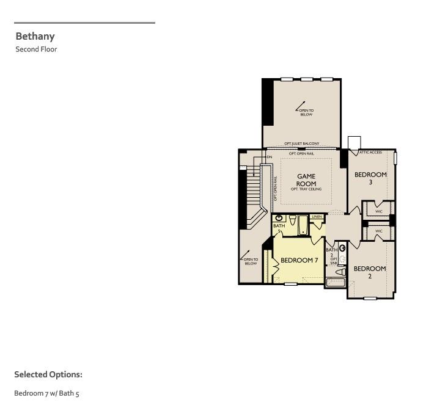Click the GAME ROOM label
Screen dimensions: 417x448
pos(306,180)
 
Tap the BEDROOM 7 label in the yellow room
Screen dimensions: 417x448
pos(299,261)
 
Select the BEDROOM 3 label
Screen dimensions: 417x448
pos(370,178)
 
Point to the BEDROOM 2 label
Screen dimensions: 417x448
pos(370,272)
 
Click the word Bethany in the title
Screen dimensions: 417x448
pos(35,36)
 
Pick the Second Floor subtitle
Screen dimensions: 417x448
pos(36,49)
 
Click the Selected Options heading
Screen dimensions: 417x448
pos(48,374)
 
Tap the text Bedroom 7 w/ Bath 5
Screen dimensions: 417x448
pos(46,393)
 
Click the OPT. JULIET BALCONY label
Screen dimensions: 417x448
pos(301,144)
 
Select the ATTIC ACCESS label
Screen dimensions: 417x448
pos(370,153)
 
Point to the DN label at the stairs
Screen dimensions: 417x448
pos(269,158)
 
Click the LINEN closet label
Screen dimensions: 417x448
pos(317,217)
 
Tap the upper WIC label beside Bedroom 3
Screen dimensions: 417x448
pos(378,211)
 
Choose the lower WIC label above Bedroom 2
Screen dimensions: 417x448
pos(378,231)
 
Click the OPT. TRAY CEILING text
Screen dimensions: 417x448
pos(306,190)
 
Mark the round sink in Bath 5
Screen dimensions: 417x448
pos(279,217)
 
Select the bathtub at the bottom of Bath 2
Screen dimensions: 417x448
pos(336,282)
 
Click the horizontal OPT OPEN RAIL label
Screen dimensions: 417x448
pos(301,154)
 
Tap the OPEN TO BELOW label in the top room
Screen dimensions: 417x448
pos(306,112)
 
